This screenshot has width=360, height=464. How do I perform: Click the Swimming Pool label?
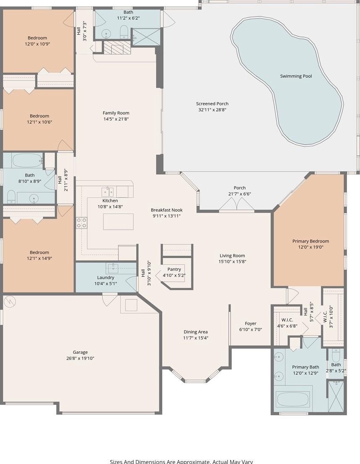[x=296, y=76]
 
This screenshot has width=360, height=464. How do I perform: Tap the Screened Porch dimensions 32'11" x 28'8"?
[x=212, y=110]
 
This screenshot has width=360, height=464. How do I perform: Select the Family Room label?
[x=116, y=113]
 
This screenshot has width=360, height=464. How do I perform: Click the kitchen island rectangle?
[x=118, y=221]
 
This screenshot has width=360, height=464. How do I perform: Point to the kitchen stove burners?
[x=82, y=223]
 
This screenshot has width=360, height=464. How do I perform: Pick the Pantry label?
[x=174, y=269]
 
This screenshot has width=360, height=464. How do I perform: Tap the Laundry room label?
[x=106, y=278]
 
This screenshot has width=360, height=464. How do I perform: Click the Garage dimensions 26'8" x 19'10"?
[x=80, y=358]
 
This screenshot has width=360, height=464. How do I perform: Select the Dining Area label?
[x=196, y=332]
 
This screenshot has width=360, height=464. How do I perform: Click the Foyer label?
[x=251, y=323]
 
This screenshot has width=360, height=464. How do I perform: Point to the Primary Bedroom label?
[x=311, y=241]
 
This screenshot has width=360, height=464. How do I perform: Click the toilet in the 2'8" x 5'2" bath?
[x=336, y=354]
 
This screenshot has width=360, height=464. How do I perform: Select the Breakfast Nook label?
[x=167, y=210]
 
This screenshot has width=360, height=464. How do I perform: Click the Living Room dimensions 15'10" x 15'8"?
[x=232, y=262]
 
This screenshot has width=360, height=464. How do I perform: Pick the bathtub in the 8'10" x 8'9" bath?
[x=27, y=160]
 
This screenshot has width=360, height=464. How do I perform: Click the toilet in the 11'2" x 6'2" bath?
[x=124, y=32]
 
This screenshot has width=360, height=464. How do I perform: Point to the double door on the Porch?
[x=237, y=204]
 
